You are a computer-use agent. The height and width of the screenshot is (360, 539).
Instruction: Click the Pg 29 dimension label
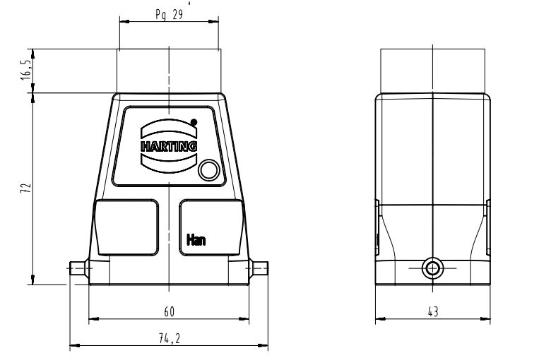[x=169, y=14]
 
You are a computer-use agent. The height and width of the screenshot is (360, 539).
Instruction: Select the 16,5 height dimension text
[x=26, y=70]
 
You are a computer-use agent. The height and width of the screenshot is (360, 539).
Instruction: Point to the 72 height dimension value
[x=25, y=188]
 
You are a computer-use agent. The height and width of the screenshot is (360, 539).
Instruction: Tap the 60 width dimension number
[x=169, y=311]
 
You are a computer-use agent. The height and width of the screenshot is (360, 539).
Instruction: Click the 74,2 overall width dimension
[x=169, y=339]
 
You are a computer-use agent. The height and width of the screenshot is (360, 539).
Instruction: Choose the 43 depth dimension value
[x=433, y=311]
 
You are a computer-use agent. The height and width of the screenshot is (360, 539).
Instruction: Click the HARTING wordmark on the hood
[x=169, y=146]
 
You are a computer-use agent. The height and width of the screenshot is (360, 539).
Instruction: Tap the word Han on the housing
[x=196, y=239]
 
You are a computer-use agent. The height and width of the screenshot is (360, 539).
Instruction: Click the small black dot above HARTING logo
[x=194, y=122]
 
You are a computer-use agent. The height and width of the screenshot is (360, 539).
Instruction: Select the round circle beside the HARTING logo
[x=208, y=169]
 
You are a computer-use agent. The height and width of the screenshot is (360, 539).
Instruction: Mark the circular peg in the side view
[x=432, y=268]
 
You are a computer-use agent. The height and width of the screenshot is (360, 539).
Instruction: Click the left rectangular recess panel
[x=126, y=227]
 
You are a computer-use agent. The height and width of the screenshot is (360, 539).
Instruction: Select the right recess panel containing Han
[x=212, y=227]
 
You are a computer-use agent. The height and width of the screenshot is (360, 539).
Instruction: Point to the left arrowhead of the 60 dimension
[x=93, y=319]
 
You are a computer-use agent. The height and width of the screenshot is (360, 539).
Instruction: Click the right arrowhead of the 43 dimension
[x=485, y=319]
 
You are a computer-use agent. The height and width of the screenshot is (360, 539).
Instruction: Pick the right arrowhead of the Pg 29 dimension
[x=213, y=21]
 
